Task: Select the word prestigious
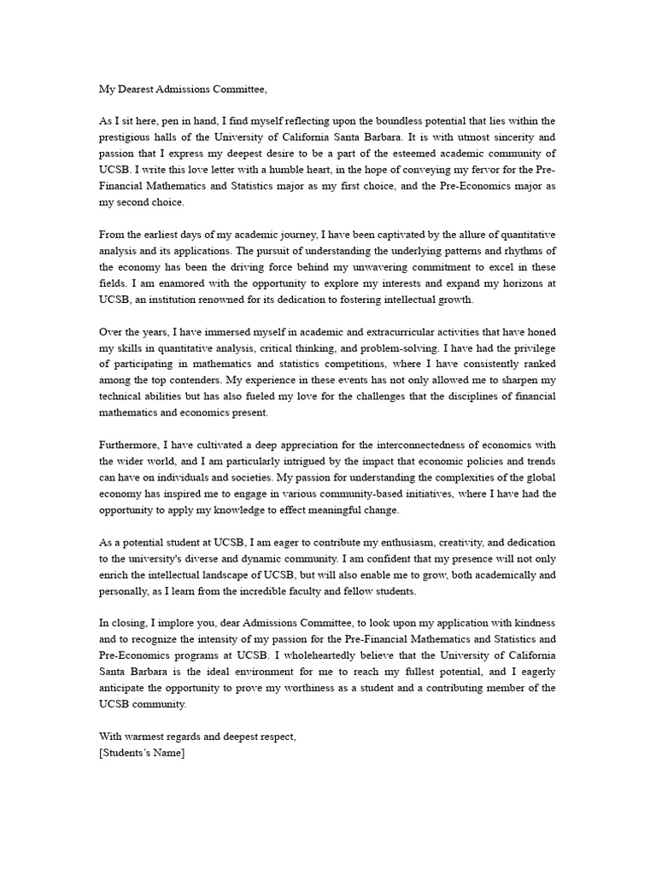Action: [x=128, y=137]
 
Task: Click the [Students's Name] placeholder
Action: [x=142, y=754]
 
